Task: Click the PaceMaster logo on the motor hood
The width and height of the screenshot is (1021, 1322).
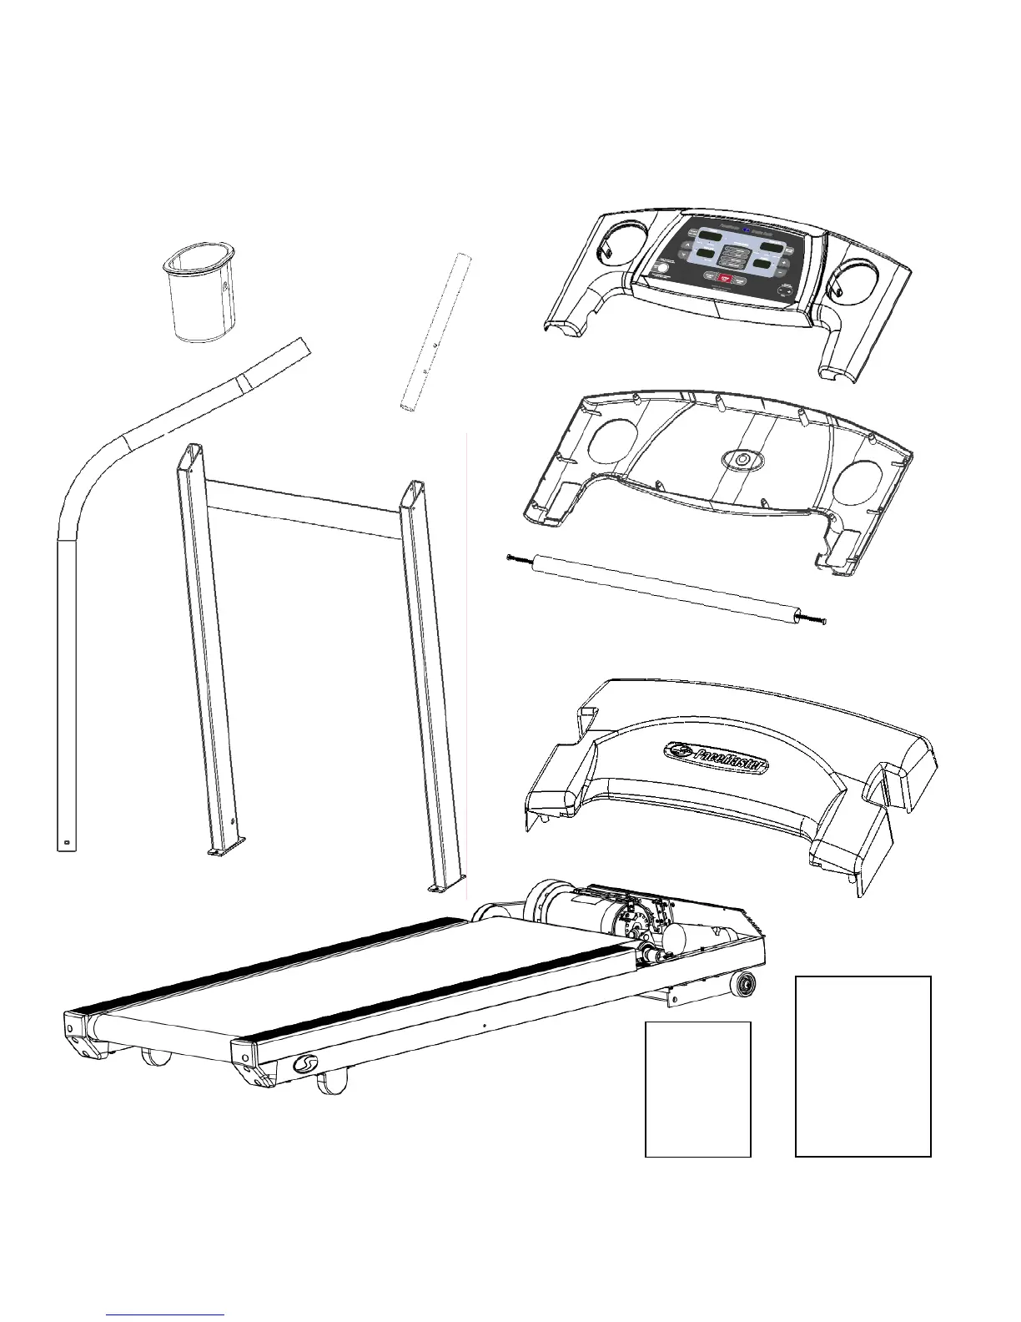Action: tap(716, 758)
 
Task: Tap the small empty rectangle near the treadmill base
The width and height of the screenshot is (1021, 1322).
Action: tap(698, 1089)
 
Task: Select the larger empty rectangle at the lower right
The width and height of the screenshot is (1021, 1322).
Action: tap(863, 1066)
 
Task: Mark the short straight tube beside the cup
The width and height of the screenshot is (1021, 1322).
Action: tap(434, 331)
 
